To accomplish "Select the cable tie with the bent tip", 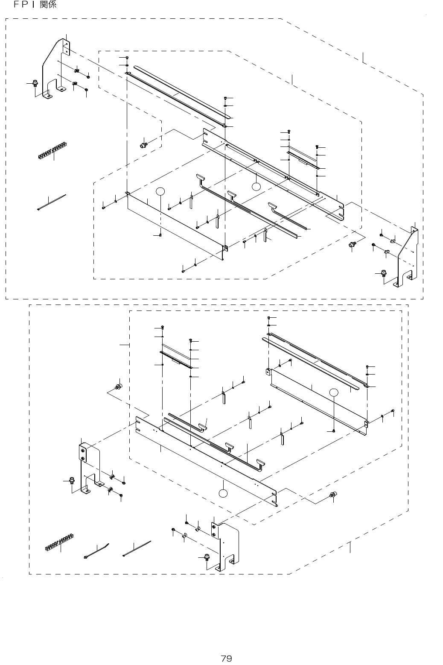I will click(96, 551).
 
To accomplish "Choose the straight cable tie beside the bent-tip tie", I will click(137, 548).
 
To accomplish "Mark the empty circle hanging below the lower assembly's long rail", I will click(223, 494).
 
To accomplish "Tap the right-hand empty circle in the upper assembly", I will click(256, 186).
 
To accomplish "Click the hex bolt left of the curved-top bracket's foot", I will click(35, 84).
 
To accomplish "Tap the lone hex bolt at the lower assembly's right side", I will click(333, 495).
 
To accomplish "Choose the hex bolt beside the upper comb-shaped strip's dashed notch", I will click(144, 145).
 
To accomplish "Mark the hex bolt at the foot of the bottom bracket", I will click(207, 558).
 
